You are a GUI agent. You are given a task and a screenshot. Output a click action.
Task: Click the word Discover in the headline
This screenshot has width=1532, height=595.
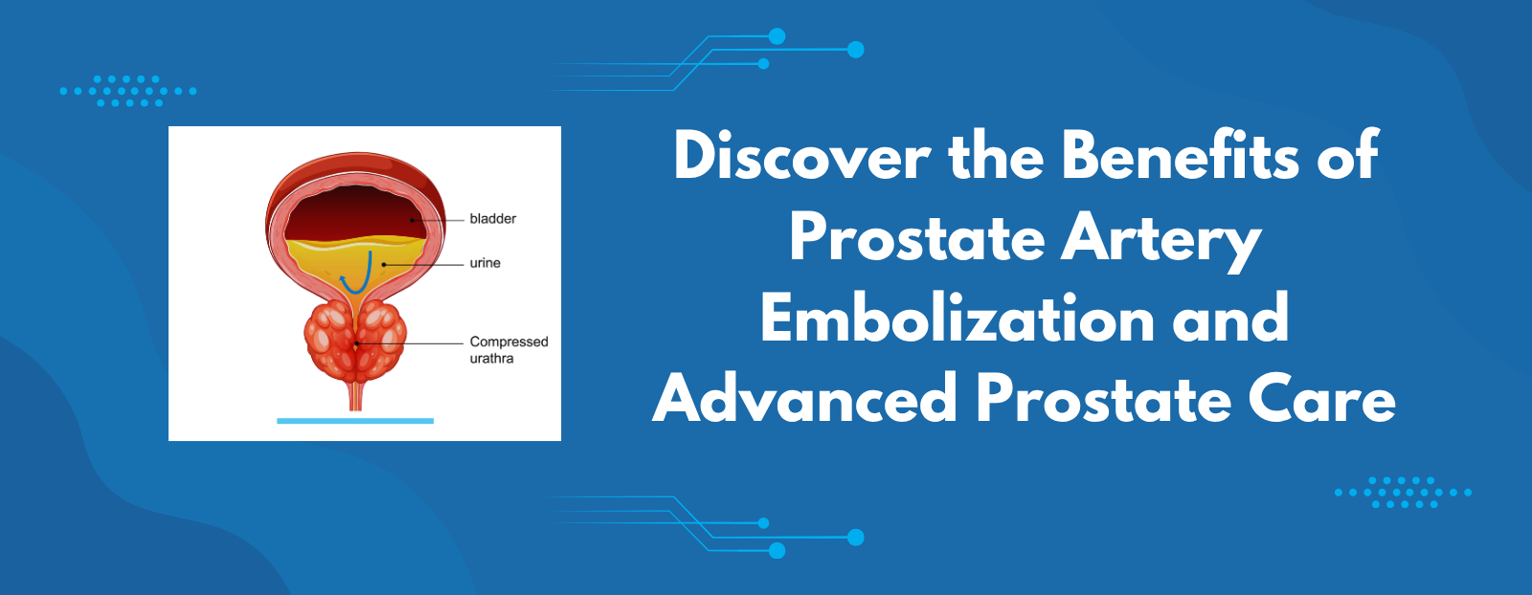point(801,157)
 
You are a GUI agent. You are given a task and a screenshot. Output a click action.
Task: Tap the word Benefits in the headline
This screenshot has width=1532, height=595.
point(1181,157)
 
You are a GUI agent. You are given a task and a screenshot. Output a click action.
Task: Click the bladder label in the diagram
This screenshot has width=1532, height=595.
point(492,219)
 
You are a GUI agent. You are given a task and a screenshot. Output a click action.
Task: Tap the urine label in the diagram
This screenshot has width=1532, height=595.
point(484,263)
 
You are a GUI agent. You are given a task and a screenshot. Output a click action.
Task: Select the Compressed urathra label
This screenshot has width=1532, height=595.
point(508,350)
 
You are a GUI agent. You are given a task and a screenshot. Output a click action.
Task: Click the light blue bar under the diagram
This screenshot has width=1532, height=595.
point(355,421)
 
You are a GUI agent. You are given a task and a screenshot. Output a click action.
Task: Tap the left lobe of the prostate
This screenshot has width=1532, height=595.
point(329,342)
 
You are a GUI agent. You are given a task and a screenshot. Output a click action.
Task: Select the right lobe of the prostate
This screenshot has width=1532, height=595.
point(382,342)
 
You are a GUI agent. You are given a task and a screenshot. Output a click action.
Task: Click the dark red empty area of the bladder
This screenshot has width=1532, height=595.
point(352,211)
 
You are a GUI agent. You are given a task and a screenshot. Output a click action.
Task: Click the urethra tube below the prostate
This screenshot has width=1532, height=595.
point(355,396)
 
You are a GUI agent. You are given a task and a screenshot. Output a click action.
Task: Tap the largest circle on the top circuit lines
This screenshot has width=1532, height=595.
point(856,50)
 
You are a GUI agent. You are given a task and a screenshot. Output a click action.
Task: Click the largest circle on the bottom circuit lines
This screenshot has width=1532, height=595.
point(856,538)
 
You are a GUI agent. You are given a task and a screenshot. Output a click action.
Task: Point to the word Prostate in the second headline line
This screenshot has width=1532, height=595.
point(917,239)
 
